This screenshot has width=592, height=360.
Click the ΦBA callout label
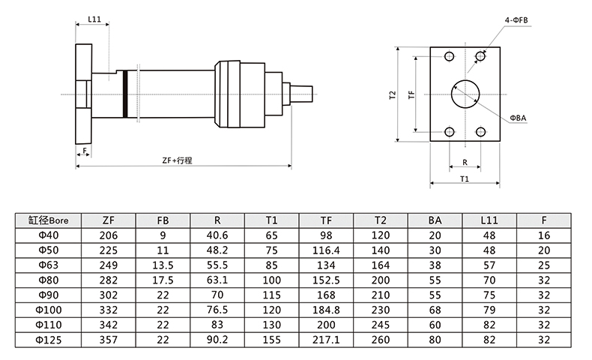pos(518,118)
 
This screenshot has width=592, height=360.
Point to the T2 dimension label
pos(391,95)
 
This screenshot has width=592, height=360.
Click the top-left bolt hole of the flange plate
pos(448,57)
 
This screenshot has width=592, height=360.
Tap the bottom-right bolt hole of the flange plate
pos(480,132)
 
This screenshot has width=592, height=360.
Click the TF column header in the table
pos(326,220)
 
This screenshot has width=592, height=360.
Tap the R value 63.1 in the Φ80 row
pos(217,278)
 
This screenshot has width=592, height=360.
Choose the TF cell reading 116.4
pos(326,250)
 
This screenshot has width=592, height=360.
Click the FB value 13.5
pos(163,264)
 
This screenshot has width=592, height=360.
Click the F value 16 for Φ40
pos(543,235)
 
